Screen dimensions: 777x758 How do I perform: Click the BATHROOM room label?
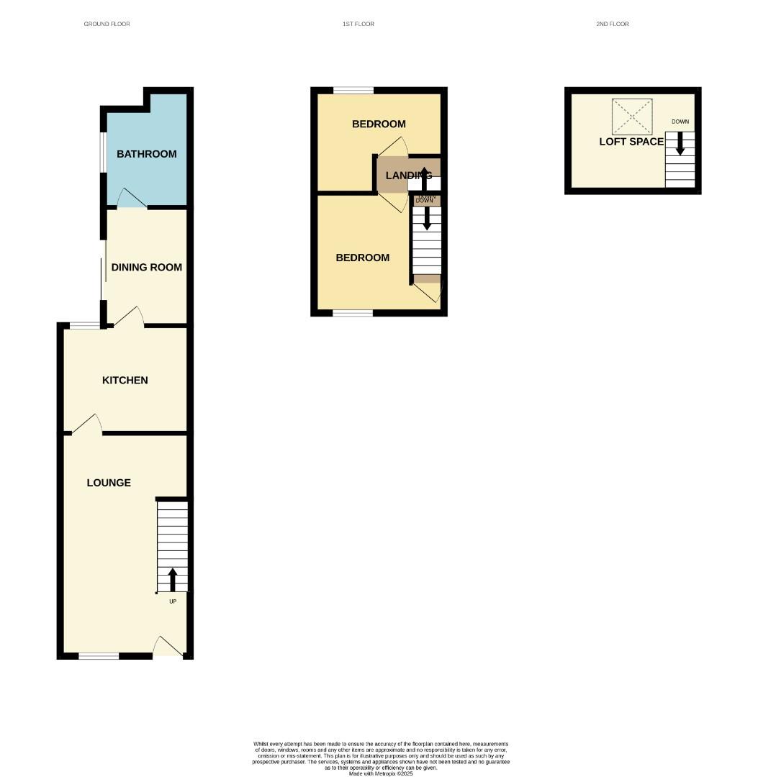click(x=146, y=154)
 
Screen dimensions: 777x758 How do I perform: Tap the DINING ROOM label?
click(x=146, y=267)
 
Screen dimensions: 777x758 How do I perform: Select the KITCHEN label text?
click(x=125, y=380)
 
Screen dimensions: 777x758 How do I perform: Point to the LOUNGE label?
click(x=109, y=483)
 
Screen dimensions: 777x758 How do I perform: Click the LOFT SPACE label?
click(x=631, y=142)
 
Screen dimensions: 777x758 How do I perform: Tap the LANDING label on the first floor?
click(x=408, y=176)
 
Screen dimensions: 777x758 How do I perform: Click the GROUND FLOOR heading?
click(x=107, y=24)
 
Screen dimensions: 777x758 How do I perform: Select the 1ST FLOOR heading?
click(x=358, y=24)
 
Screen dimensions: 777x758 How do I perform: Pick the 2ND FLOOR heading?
click(x=612, y=24)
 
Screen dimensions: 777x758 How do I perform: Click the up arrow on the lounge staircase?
click(x=172, y=579)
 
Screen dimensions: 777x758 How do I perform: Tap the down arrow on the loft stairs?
click(x=680, y=144)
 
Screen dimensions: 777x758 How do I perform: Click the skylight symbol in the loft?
click(x=631, y=117)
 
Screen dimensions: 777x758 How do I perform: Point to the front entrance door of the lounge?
click(x=167, y=648)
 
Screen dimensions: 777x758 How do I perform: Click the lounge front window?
click(x=99, y=655)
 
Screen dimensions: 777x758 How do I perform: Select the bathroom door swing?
click(x=132, y=199)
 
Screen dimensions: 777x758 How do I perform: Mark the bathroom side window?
click(x=104, y=153)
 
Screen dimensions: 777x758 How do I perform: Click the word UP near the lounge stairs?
click(x=173, y=601)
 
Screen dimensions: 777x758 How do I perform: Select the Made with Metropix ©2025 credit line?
click(x=381, y=773)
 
